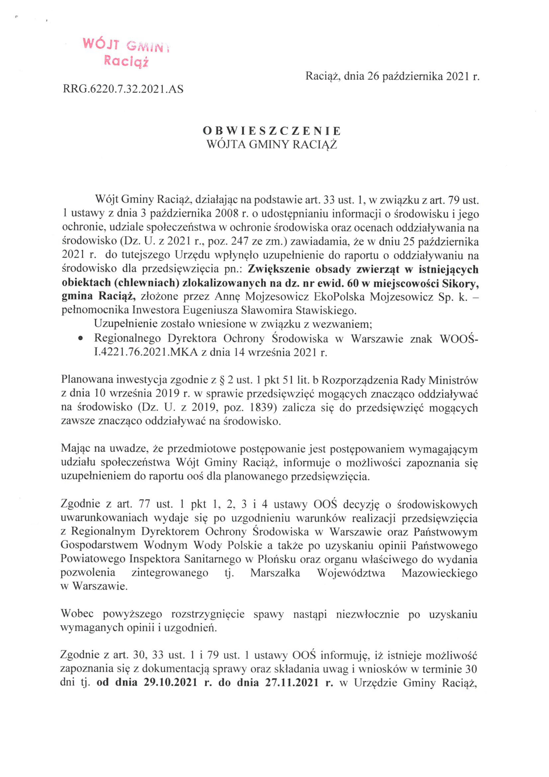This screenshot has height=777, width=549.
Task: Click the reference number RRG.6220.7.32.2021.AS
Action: pyautogui.click(x=123, y=89)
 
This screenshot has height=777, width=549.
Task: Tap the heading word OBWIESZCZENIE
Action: pyautogui.click(x=272, y=131)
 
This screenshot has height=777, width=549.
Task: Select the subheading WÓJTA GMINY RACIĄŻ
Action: pyautogui.click(x=272, y=145)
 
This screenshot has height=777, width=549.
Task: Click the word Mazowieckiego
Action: pyautogui.click(x=439, y=573)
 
